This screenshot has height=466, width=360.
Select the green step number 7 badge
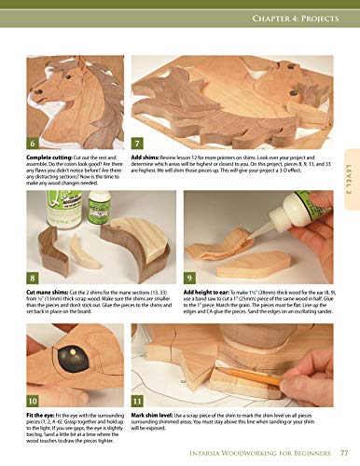tap(138, 144)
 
